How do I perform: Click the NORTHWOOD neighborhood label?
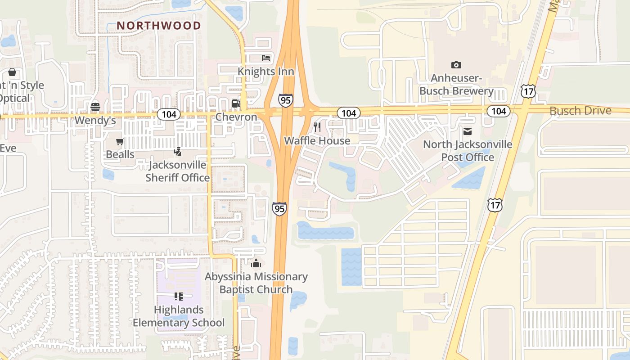(159, 26)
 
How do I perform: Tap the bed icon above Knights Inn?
(266, 58)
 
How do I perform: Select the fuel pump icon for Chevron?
(236, 104)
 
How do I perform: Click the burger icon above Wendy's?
(95, 107)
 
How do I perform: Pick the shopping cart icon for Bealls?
(120, 142)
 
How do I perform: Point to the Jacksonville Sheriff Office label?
(177, 171)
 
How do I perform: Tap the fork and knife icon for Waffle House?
(317, 127)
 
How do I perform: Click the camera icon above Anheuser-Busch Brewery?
(456, 65)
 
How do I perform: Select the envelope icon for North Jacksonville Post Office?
(468, 131)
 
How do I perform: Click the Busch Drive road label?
(580, 111)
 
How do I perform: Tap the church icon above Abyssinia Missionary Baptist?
(256, 263)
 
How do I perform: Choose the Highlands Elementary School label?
(179, 316)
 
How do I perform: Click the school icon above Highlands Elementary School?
(179, 297)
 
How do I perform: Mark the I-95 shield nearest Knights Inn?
(285, 100)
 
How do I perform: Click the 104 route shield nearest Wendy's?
(169, 114)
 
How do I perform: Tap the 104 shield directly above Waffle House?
(349, 113)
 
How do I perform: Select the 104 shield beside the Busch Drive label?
(498, 111)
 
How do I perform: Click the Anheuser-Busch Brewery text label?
(456, 85)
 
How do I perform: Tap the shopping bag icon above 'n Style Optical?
(12, 72)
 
